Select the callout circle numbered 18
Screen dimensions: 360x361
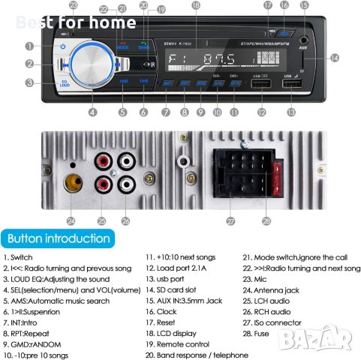click(196, 5)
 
